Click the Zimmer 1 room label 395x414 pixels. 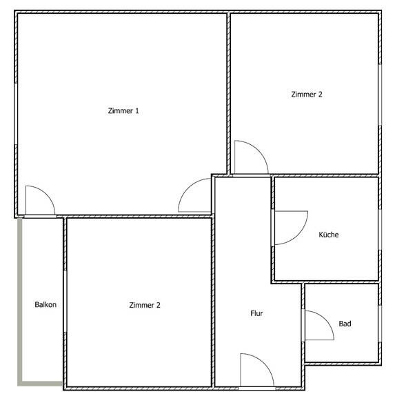[123, 110]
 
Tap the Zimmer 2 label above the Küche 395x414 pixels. [307, 95]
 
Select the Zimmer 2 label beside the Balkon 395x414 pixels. [145, 305]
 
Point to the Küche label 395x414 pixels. [329, 235]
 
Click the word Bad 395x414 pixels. [345, 324]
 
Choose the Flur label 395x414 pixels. [256, 313]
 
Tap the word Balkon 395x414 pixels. [45, 304]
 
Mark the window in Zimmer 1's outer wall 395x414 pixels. [16, 114]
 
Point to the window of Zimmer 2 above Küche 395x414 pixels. [380, 95]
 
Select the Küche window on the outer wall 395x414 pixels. [380, 230]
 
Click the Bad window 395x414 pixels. [380, 324]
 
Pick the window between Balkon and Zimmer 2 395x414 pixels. [65, 302]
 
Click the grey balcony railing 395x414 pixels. [19, 301]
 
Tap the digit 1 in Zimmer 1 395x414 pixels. [136, 110]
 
